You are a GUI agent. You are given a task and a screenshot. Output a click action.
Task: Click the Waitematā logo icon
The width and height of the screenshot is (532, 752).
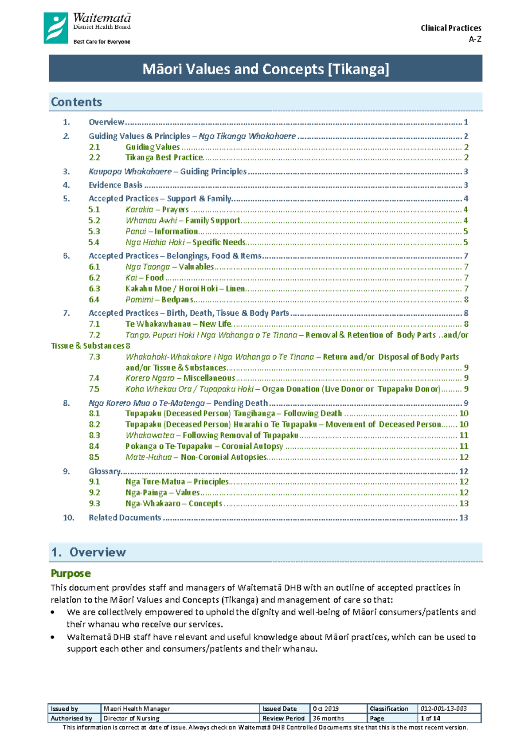56,28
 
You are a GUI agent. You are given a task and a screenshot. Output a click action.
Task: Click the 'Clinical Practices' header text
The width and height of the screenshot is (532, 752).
450,28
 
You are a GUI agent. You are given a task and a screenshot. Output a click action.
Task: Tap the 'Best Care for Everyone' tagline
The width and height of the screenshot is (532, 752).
102,42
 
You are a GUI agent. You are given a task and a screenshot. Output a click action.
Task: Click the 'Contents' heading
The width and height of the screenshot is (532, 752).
76,102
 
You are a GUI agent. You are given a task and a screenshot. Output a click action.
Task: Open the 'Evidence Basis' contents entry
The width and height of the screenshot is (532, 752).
115,185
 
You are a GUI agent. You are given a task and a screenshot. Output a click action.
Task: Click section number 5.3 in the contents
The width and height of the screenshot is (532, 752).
94,231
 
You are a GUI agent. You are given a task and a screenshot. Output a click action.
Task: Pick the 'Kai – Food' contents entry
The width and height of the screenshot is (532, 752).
145,278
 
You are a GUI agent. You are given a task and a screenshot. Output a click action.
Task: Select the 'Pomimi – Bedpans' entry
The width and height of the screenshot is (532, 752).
159,300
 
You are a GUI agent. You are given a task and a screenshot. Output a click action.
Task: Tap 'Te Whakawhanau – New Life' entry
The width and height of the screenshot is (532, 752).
178,324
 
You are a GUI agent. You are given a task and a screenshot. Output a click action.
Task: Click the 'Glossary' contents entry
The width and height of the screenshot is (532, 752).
105,471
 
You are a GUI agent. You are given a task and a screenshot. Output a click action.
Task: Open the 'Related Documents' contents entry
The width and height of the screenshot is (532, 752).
125,517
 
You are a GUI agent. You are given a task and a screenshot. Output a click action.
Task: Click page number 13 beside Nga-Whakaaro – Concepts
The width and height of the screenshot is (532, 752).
464,504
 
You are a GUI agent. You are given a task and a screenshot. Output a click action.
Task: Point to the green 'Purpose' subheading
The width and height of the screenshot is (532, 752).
70,573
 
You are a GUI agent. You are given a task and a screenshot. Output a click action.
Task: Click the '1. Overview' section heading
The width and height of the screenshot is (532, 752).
89,552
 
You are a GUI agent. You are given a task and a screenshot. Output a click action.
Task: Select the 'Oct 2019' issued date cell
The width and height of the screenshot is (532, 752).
325,709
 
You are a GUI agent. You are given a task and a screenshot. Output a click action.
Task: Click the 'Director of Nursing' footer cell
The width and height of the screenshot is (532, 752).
131,718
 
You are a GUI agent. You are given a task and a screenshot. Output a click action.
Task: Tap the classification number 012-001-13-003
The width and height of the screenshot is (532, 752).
443,709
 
